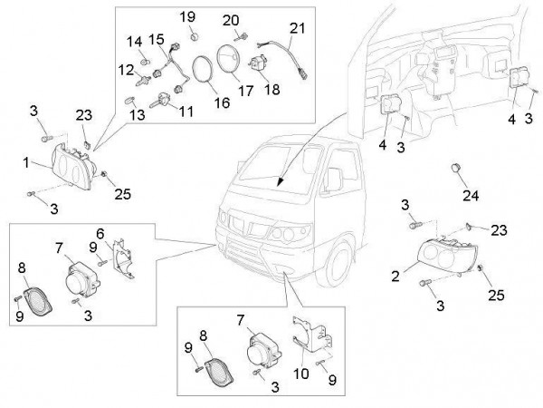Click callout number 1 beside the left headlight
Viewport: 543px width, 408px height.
pos(26,163)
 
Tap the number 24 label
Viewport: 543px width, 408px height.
pos(472,195)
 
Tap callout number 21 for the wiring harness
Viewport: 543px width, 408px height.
pos(298,29)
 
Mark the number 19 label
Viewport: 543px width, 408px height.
pos(187,17)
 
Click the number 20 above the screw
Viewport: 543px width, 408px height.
pos(231,20)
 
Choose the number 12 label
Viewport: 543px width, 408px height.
pos(125,69)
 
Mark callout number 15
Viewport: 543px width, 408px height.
pos(156,39)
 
